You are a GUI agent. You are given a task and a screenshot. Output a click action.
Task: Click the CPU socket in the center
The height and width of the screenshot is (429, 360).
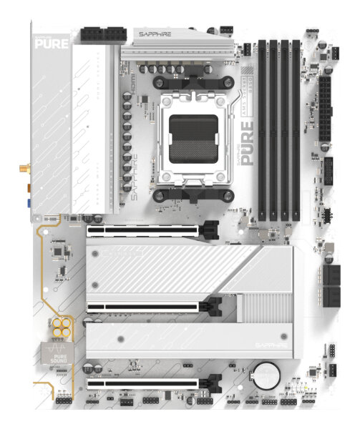coord(193,136)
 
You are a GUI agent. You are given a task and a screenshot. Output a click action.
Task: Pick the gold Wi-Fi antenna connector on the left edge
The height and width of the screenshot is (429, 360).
coord(23,169)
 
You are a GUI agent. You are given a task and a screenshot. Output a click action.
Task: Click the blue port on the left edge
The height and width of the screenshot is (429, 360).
coord(27,202)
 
